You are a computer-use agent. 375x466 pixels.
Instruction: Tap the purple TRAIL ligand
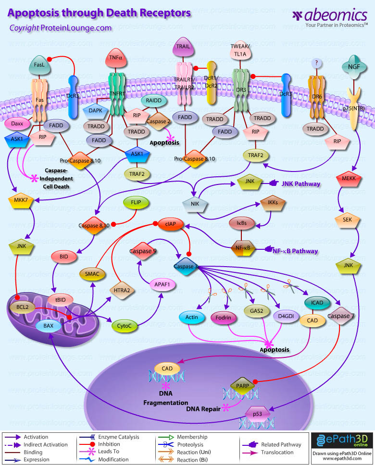[x=186, y=48]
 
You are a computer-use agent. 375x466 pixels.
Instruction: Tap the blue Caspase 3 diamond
[x=186, y=266]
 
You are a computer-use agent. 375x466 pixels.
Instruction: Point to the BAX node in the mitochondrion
[x=49, y=326]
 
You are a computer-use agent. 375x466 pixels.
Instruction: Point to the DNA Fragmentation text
[x=166, y=398]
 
